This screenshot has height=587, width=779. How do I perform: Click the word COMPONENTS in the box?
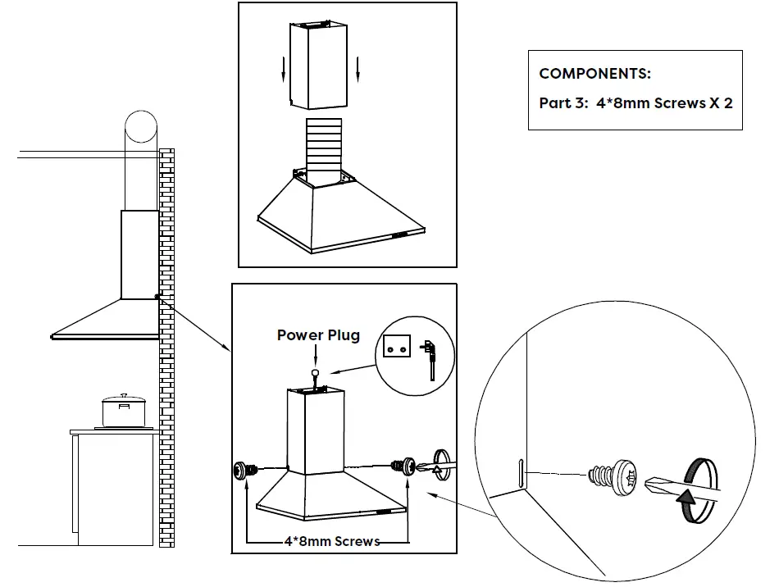click(594, 74)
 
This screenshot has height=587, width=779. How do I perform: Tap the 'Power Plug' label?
click(318, 334)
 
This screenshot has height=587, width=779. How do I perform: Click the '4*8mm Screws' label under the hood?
click(331, 541)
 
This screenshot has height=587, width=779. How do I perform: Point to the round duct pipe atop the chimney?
click(140, 129)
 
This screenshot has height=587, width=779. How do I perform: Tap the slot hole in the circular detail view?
click(520, 475)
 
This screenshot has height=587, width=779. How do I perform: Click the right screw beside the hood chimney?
click(403, 467)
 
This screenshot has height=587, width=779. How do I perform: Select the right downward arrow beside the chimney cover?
click(358, 72)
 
